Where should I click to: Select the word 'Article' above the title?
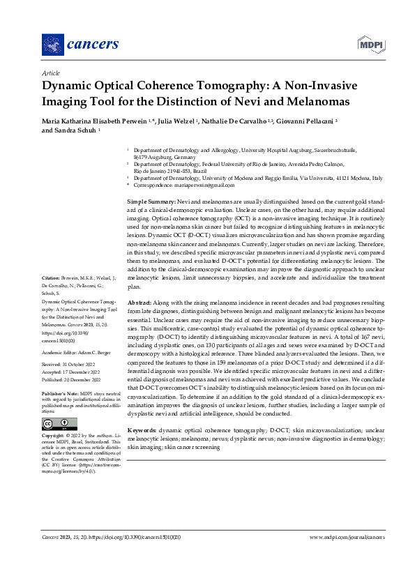click(51, 73)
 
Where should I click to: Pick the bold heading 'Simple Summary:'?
click(146, 201)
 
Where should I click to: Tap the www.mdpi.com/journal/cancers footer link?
click(347, 538)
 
